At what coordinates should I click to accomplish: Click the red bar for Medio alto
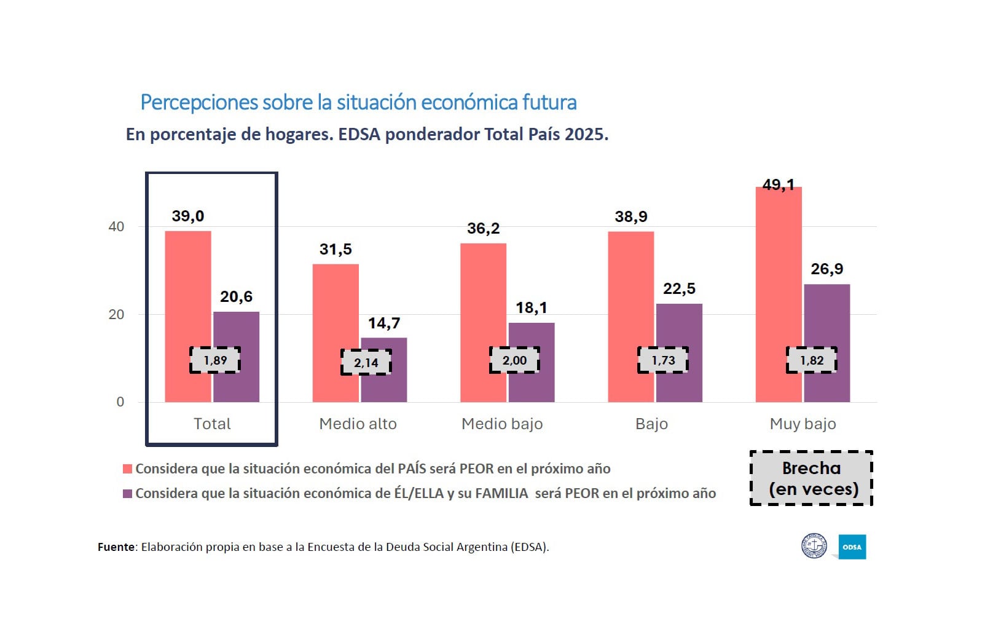[335, 307]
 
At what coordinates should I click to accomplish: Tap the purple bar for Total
[237, 332]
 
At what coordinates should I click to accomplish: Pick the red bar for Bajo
[630, 295]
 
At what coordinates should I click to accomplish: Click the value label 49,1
[778, 184]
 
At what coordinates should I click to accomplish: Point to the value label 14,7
[384, 323]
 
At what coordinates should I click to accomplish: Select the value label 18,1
[532, 307]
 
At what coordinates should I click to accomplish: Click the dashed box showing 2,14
[366, 362]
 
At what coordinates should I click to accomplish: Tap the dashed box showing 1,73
[663, 360]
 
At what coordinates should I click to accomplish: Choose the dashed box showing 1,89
[215, 360]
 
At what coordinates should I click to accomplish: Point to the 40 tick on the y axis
[116, 227]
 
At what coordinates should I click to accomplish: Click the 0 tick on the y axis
[120, 402]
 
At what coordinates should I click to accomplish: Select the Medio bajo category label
[502, 424]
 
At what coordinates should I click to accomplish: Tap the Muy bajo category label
[803, 424]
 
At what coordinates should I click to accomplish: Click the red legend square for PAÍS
[128, 469]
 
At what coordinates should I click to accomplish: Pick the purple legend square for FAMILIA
[128, 494]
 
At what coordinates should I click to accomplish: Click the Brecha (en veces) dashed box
[811, 478]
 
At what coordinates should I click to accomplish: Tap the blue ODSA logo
[852, 547]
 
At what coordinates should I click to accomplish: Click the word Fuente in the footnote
[116, 547]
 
